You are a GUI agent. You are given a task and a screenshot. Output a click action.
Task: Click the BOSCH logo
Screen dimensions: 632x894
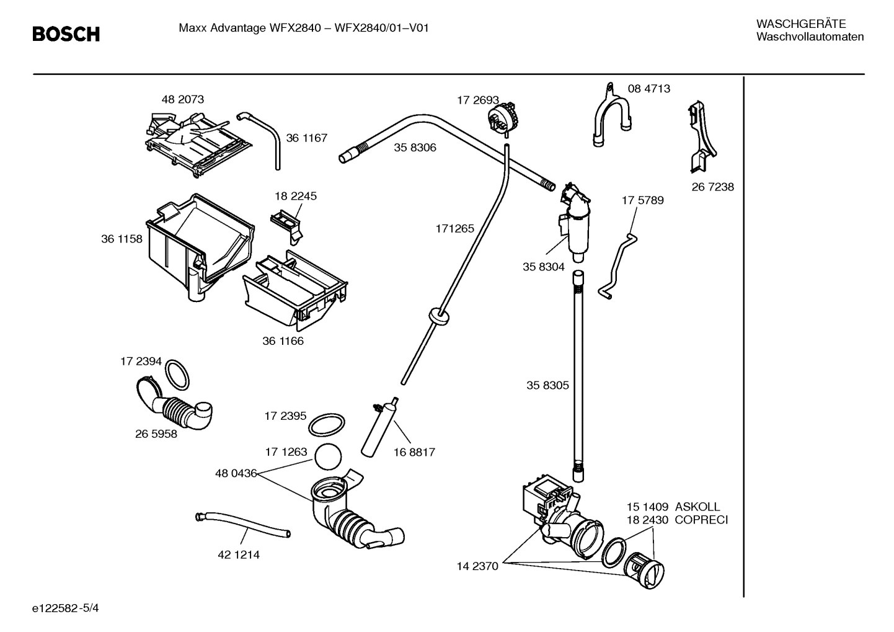[x=66, y=34]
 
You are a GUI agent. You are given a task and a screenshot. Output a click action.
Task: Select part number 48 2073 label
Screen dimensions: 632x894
[x=182, y=99]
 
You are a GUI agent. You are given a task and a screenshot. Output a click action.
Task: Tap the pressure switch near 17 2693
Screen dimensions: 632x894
[x=503, y=117]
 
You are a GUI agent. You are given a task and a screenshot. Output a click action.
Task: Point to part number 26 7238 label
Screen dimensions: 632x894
[x=712, y=187]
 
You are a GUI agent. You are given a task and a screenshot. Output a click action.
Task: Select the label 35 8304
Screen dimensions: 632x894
[x=543, y=267]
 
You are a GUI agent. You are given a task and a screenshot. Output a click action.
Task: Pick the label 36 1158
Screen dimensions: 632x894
[x=122, y=239]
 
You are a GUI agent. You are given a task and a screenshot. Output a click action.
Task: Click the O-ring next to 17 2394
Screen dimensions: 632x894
[x=178, y=373]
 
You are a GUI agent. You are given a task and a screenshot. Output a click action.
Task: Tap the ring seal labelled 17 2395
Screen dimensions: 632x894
[x=326, y=425]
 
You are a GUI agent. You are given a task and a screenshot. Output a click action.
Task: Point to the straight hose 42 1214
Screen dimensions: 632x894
[x=242, y=524]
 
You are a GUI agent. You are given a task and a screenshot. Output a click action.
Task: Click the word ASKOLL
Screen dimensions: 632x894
[x=697, y=507]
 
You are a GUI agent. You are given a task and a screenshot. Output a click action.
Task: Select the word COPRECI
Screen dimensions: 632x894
[x=701, y=520]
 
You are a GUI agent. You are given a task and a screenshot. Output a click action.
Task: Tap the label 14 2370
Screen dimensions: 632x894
[x=477, y=566]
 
